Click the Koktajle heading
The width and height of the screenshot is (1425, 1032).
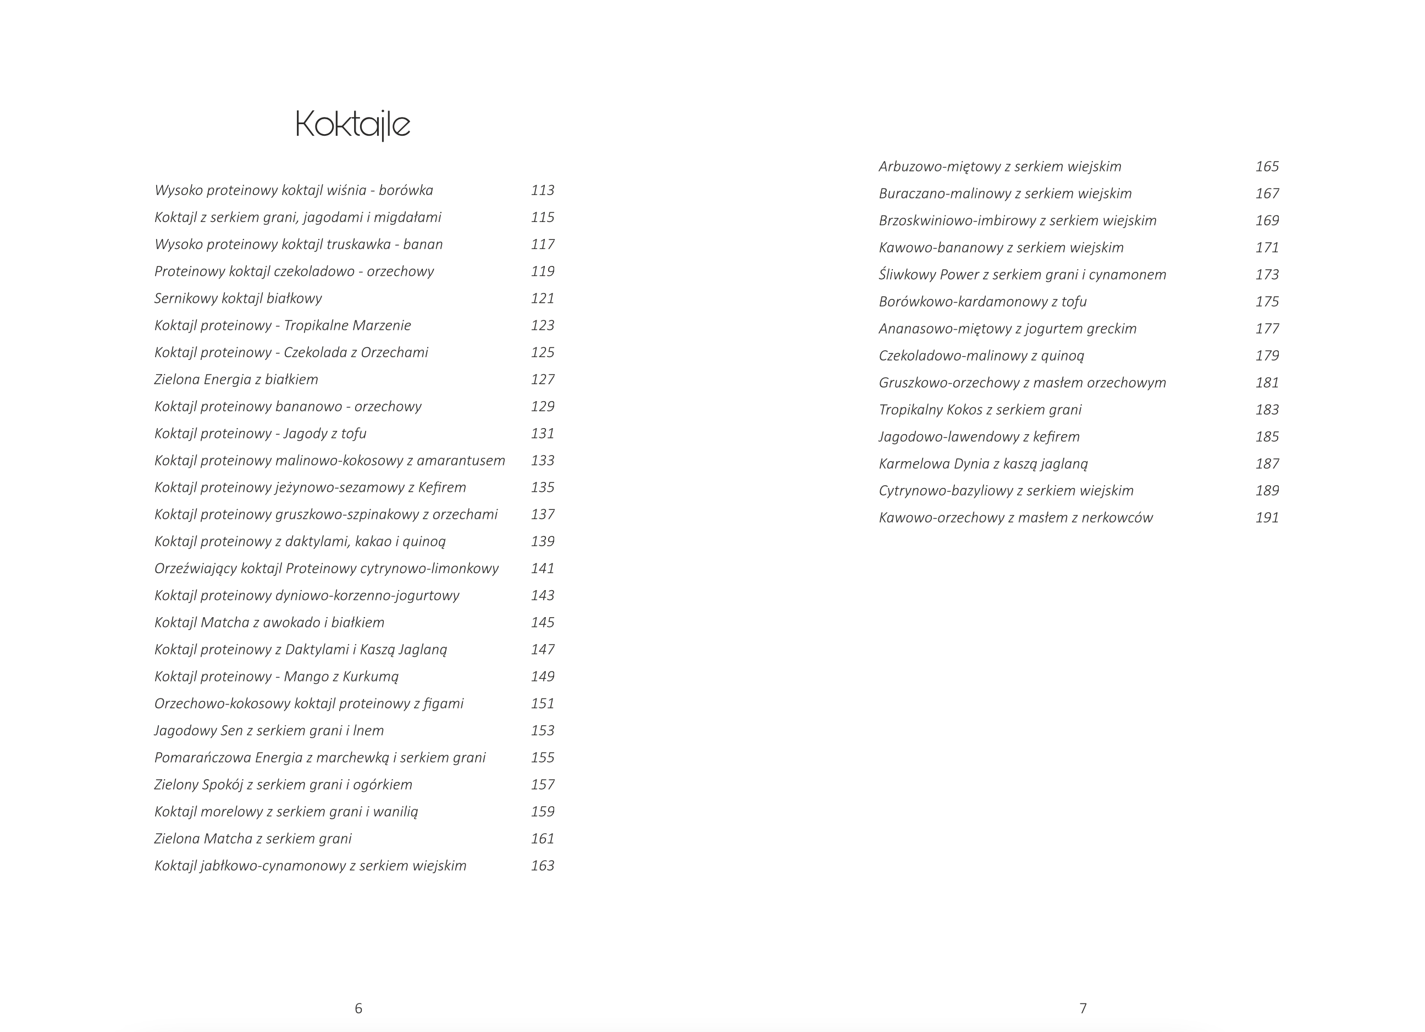click(352, 124)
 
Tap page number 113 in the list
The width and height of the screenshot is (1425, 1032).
click(542, 190)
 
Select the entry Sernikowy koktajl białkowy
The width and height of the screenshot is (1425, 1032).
click(238, 298)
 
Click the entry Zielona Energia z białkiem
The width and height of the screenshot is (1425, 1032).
click(236, 379)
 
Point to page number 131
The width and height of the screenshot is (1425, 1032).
click(542, 434)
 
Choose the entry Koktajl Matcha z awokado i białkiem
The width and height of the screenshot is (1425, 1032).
click(269, 623)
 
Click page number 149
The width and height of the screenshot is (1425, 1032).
click(542, 676)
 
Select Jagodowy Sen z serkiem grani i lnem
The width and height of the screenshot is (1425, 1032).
click(269, 730)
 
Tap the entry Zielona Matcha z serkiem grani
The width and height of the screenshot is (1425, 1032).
click(253, 839)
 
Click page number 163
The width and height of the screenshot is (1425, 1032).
click(542, 865)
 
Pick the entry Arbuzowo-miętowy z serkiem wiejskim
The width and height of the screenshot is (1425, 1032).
click(999, 167)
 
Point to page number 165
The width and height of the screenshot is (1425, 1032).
click(1267, 167)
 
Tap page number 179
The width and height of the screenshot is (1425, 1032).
click(1267, 356)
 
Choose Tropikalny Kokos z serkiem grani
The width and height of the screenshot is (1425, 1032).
click(980, 409)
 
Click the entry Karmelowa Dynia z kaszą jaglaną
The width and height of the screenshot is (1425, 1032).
click(984, 464)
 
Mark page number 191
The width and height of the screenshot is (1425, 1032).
click(1267, 518)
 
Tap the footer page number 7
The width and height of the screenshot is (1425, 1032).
click(1083, 1008)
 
